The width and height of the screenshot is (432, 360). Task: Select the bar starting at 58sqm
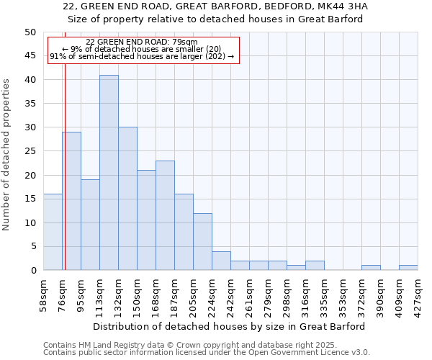pyautogui.click(x=53, y=232)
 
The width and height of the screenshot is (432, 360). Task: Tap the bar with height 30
pyautogui.click(x=127, y=199)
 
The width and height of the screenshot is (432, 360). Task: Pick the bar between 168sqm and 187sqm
pyautogui.click(x=165, y=215)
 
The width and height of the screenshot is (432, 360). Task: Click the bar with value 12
pyautogui.click(x=202, y=242)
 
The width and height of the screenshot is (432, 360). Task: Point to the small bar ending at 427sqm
pyautogui.click(x=408, y=268)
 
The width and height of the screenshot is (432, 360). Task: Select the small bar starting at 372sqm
pyautogui.click(x=371, y=268)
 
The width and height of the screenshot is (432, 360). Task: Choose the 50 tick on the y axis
pyautogui.click(x=30, y=32)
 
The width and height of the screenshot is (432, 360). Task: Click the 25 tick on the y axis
pyautogui.click(x=30, y=151)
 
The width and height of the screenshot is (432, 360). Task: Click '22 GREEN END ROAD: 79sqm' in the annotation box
pyautogui.click(x=141, y=42)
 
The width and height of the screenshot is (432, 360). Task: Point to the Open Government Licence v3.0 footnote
pyautogui.click(x=302, y=352)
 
